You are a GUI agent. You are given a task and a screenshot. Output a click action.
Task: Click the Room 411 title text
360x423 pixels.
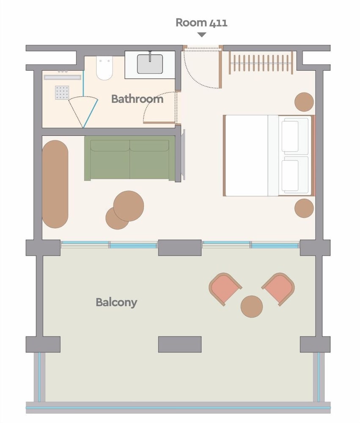click(x=201, y=23)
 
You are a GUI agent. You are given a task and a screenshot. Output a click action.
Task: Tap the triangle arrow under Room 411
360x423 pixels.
click(x=202, y=35)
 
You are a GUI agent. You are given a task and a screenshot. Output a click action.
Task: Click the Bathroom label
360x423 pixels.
click(x=137, y=99)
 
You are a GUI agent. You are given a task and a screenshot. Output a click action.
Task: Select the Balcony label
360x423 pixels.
click(x=117, y=302)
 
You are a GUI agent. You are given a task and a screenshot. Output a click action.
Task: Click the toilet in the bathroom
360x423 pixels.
click(x=104, y=68)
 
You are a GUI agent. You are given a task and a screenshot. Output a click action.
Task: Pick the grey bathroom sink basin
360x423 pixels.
click(x=150, y=64)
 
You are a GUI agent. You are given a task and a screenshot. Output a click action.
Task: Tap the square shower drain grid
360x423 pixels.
click(x=62, y=93)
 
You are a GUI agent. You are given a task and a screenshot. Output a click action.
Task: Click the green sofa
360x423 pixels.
click(x=130, y=158)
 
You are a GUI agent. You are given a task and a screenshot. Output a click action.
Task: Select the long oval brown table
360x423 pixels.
click(x=55, y=184)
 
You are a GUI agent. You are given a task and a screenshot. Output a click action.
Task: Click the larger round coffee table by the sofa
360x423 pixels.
click(x=129, y=206)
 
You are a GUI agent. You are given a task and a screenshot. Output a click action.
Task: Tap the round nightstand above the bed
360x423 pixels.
click(x=304, y=102)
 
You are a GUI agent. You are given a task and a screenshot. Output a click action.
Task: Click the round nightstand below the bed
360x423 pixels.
click(x=304, y=208)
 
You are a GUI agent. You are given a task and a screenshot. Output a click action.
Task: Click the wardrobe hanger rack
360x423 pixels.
click(x=261, y=63)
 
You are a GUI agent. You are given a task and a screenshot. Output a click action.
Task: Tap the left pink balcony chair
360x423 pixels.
click(x=225, y=289)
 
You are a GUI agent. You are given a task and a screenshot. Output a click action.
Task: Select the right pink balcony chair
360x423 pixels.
click(x=278, y=289)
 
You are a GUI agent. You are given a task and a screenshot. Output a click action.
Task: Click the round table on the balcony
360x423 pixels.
click(x=252, y=306)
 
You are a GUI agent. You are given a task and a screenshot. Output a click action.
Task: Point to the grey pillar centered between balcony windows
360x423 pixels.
click(x=180, y=247)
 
